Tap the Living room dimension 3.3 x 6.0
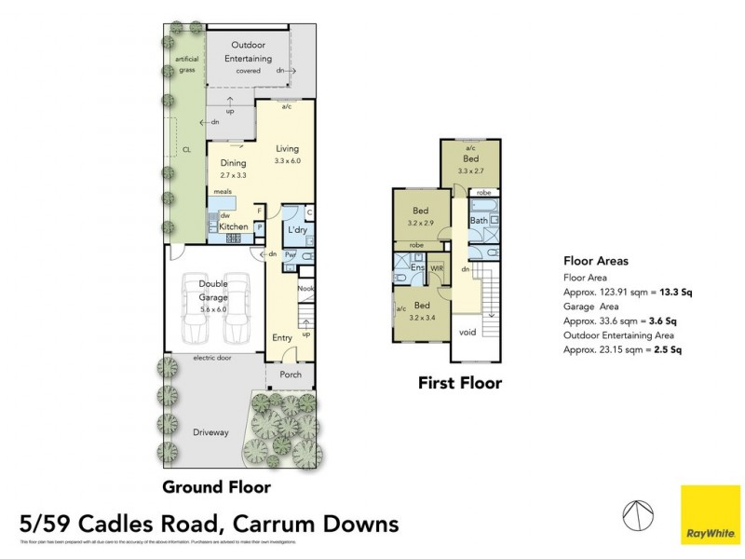(x=288, y=161)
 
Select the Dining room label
(x=233, y=163)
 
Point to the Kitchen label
(x=233, y=226)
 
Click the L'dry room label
(x=297, y=230)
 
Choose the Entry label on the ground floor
(x=282, y=338)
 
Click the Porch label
(x=290, y=376)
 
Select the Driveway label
(x=210, y=431)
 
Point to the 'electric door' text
(x=212, y=358)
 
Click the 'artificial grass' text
(x=187, y=64)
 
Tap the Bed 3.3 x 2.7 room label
(x=471, y=166)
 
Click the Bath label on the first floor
(x=479, y=221)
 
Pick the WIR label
(x=436, y=268)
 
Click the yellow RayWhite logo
(x=710, y=513)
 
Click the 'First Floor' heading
(x=459, y=383)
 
